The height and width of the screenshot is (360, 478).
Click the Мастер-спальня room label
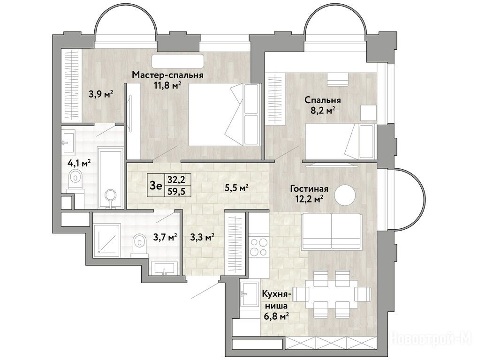pyautogui.click(x=167, y=75)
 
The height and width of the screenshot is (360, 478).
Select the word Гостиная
pyautogui.click(x=309, y=189)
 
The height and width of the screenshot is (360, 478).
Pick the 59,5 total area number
pyautogui.click(x=177, y=191)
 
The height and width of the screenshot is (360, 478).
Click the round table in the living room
pyautogui.click(x=345, y=195)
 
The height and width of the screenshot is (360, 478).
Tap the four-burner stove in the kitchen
pyautogui.click(x=258, y=247)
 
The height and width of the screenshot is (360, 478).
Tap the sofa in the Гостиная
pyautogui.click(x=331, y=231)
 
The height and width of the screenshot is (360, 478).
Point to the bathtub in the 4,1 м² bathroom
pyautogui.click(x=110, y=178)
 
